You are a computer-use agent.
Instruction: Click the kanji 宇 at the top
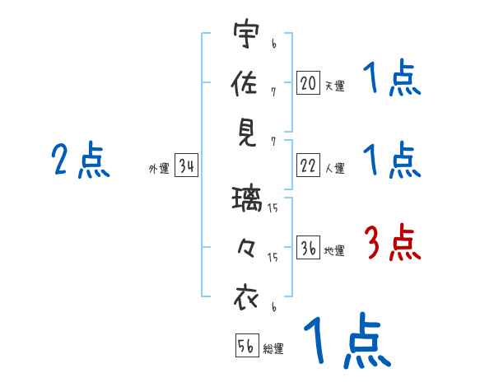[246, 35]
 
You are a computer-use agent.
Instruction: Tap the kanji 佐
[246, 84]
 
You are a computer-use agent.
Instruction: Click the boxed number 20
[308, 83]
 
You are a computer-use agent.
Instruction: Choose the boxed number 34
[186, 167]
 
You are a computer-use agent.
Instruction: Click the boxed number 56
[246, 347]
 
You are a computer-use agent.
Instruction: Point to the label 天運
[334, 86]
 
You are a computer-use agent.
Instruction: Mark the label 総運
[273, 349]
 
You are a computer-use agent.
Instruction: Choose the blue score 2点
[81, 161]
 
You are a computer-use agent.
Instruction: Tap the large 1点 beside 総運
[346, 342]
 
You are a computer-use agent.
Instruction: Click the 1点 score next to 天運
[393, 80]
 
